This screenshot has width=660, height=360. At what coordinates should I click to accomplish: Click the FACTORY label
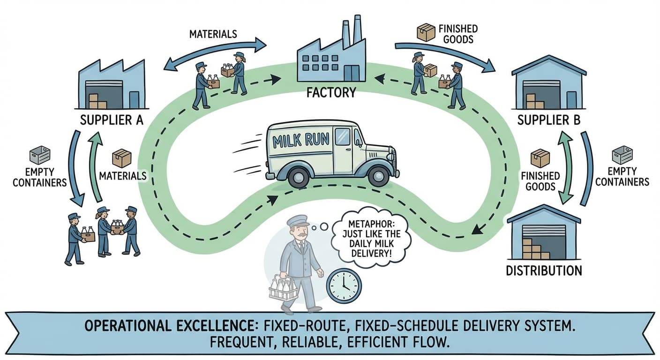tap(331, 92)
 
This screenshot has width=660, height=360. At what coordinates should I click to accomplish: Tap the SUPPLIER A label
tap(112, 120)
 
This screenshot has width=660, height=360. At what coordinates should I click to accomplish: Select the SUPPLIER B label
tap(549, 120)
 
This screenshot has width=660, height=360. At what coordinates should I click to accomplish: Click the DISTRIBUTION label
tap(544, 270)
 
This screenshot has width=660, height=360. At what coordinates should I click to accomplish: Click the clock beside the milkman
tap(344, 285)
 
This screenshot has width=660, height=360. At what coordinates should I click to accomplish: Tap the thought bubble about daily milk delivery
tap(370, 240)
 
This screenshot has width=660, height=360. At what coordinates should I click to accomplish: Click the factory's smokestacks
tap(352, 32)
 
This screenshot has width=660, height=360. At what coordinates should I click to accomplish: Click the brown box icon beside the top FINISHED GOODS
tap(426, 33)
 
